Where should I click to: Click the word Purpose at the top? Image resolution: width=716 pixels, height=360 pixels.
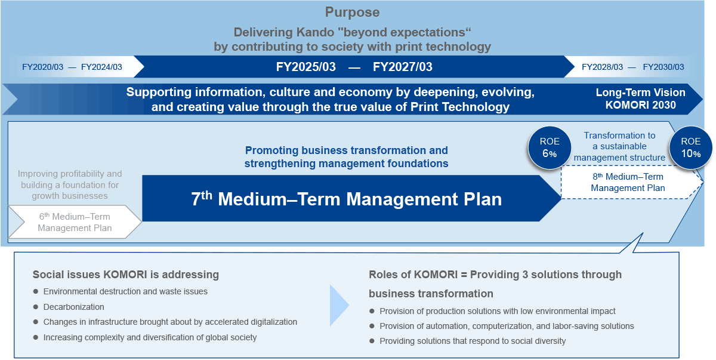point(352,13)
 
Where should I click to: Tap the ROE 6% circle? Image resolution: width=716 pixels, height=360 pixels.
point(550,147)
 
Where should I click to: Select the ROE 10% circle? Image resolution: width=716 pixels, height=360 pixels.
point(691,147)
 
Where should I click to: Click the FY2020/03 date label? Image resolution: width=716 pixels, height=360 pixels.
point(42,67)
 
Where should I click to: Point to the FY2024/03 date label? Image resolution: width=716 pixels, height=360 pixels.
point(101,67)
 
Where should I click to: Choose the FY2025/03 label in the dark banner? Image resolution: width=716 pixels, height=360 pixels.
point(306,67)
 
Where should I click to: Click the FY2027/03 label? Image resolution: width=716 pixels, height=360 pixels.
point(402,67)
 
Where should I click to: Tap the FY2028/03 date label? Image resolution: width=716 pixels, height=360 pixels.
point(602,67)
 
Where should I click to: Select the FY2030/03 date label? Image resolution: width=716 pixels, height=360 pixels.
point(663,67)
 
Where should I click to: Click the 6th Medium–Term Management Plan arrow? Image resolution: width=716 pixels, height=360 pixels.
point(75,222)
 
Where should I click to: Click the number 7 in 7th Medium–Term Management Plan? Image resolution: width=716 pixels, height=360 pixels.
point(196,199)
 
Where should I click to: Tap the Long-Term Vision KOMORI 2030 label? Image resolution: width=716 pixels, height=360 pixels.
point(640,99)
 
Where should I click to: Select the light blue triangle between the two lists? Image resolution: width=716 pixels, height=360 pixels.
point(338,305)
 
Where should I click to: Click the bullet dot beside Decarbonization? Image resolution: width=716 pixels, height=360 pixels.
point(36,307)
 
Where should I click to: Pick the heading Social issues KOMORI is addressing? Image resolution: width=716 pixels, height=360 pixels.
point(126,275)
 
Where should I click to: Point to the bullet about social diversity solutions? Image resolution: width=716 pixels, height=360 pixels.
point(473,341)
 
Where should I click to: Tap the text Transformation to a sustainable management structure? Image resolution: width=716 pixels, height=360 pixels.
point(619,146)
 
